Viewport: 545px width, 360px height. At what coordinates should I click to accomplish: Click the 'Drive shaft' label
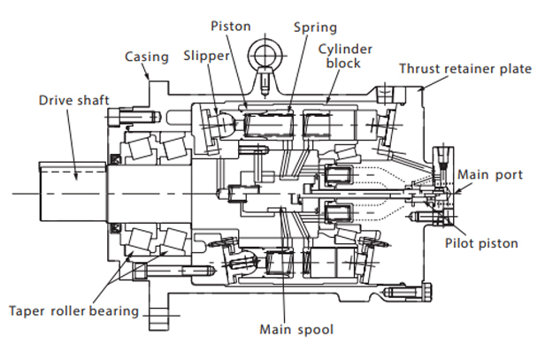click(74, 101)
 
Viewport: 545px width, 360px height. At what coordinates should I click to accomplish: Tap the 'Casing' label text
click(147, 57)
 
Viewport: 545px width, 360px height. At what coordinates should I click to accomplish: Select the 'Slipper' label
click(206, 56)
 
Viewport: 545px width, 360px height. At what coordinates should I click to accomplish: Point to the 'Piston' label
click(231, 26)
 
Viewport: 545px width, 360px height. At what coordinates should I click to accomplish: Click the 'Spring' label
click(315, 27)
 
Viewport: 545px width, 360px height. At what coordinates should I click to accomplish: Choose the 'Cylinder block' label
click(345, 57)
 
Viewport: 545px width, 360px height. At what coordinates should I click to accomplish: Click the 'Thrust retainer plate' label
click(465, 69)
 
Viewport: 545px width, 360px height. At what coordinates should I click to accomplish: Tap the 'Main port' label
click(490, 174)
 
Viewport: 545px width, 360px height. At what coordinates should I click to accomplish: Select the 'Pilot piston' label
click(481, 243)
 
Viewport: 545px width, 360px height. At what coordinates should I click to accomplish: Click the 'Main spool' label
click(296, 329)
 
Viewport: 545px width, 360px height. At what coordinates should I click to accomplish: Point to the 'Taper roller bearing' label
click(73, 311)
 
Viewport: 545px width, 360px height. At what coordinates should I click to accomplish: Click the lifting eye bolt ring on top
click(266, 55)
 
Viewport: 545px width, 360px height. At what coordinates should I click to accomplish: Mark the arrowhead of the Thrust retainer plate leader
click(421, 89)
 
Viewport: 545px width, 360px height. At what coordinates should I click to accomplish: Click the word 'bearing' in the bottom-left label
click(113, 311)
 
